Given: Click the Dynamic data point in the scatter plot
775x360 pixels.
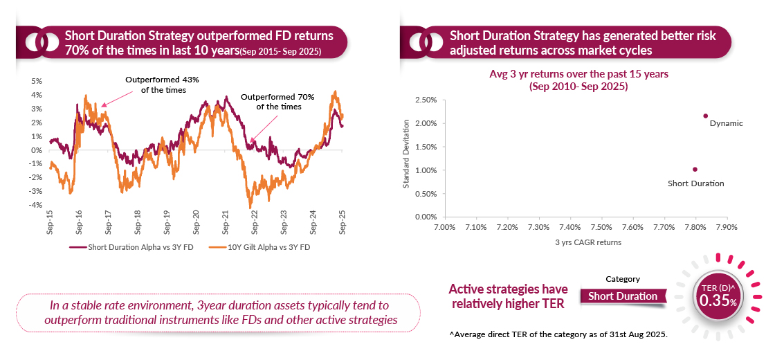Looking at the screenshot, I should [x=705, y=116].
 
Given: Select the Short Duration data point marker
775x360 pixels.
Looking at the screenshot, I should [x=695, y=169].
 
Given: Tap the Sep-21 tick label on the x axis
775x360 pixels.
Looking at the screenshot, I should [x=226, y=221].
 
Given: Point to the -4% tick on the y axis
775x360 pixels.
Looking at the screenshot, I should [x=36, y=206].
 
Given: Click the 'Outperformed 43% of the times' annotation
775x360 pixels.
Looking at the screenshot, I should [x=161, y=85].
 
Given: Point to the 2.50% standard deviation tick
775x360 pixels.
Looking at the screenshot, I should [x=424, y=100].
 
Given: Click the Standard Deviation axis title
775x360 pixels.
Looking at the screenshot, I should [x=407, y=154].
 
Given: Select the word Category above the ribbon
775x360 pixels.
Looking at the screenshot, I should [x=623, y=279].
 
